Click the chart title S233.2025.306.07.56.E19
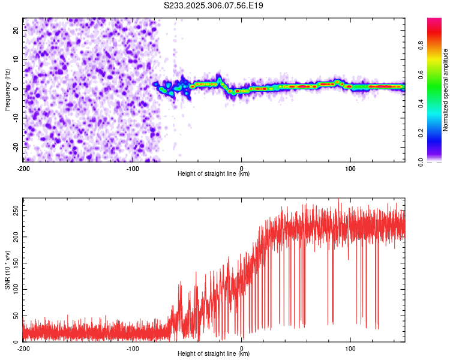pyautogui.click(x=214, y=5)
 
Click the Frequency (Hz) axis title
pyautogui.click(x=7, y=89)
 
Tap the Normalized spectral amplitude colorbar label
pyautogui.click(x=446, y=90)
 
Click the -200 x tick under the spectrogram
pyautogui.click(x=23, y=168)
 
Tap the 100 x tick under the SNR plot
pyautogui.click(x=351, y=348)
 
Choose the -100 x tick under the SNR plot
pyautogui.click(x=133, y=348)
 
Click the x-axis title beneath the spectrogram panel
pyautogui.click(x=214, y=174)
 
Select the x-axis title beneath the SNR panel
pyautogui.click(x=214, y=354)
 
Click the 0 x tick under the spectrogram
pyautogui.click(x=242, y=168)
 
